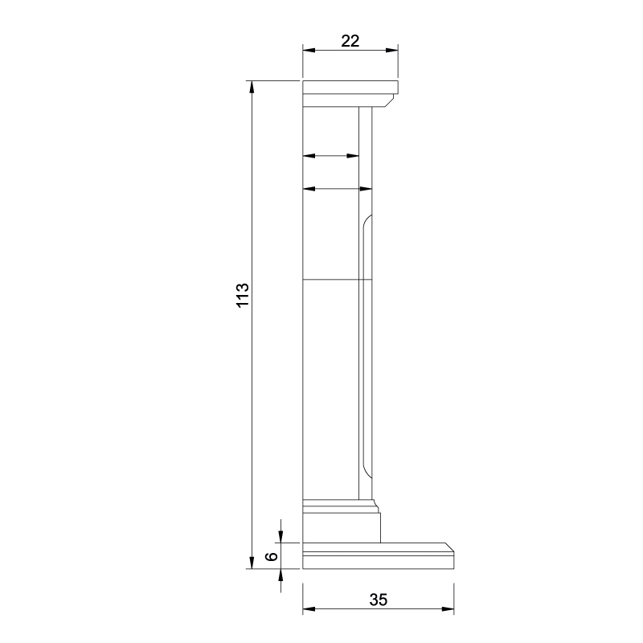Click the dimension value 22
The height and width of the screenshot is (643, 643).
point(350,41)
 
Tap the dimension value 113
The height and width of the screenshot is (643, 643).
point(243,294)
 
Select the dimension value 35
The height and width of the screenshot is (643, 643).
point(378,600)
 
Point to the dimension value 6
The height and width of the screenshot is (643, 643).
point(272,556)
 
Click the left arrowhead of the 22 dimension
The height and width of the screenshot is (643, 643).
point(309,51)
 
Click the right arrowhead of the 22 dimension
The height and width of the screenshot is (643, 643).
point(392,51)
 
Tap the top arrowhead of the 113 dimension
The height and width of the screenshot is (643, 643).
point(252,88)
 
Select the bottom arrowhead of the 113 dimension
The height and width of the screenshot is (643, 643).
point(252,563)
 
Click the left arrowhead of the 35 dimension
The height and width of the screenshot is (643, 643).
point(309,609)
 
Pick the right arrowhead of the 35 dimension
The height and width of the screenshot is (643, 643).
point(448,609)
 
